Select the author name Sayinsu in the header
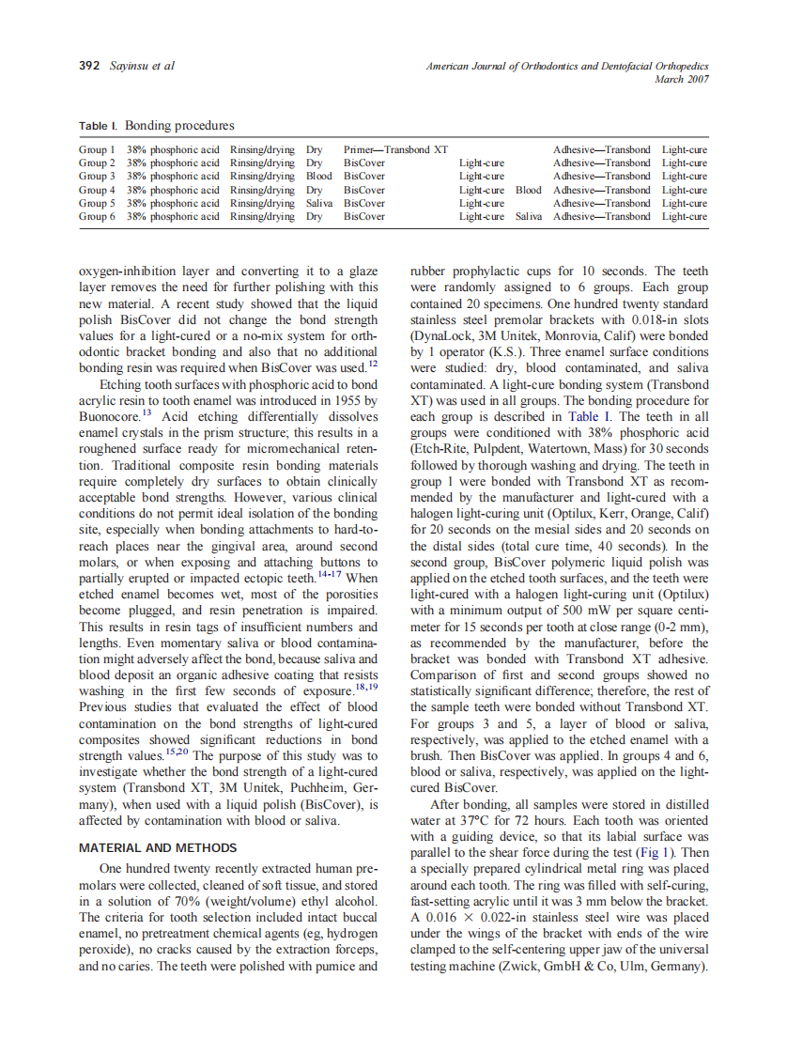coord(131,66)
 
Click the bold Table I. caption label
coord(99,126)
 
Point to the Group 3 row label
coord(97,176)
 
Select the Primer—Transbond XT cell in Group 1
coord(395,149)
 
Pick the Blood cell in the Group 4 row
coord(528,190)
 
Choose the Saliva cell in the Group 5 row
coord(319,203)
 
